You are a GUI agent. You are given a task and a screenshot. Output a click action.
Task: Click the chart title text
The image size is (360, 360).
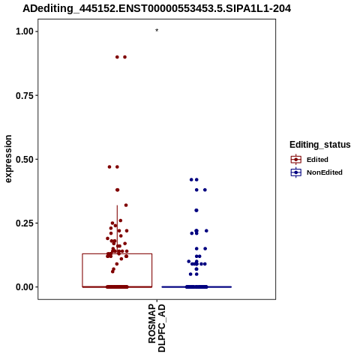point(157,9)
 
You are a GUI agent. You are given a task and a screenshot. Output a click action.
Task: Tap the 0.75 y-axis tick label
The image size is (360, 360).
point(25,95)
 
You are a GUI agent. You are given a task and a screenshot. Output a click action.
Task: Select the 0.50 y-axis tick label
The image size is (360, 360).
point(25,159)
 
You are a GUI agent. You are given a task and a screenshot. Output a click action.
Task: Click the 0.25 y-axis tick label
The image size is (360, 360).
point(25,223)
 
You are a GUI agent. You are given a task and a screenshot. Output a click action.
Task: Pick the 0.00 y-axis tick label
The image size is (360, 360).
point(25,287)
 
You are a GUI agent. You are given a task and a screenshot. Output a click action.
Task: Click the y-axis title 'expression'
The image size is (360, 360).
point(8,159)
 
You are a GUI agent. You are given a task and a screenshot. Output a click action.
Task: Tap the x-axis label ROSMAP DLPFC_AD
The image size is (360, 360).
point(157,328)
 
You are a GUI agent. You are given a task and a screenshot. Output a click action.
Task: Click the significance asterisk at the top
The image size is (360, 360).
point(157,31)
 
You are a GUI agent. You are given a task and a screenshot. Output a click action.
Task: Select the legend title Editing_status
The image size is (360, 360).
point(320,145)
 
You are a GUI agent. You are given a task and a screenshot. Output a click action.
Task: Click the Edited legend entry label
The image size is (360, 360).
point(317,160)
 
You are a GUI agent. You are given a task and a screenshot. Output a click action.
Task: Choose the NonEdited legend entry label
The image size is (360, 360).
point(325,172)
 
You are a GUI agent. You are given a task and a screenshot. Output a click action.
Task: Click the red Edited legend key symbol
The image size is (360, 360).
point(296,160)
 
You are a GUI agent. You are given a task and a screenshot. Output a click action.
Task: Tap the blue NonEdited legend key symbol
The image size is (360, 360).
point(296,172)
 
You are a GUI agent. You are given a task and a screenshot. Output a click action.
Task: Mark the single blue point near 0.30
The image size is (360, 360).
point(196,211)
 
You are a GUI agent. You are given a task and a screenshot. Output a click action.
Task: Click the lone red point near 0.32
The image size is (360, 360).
point(126,205)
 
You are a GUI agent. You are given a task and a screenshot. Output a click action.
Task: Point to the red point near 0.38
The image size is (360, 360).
point(117,190)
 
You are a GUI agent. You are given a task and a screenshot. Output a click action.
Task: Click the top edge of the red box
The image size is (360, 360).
point(117,254)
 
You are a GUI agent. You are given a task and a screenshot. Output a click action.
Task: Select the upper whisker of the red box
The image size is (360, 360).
point(117,229)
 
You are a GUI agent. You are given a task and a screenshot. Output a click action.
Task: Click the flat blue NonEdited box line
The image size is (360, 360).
point(196,287)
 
